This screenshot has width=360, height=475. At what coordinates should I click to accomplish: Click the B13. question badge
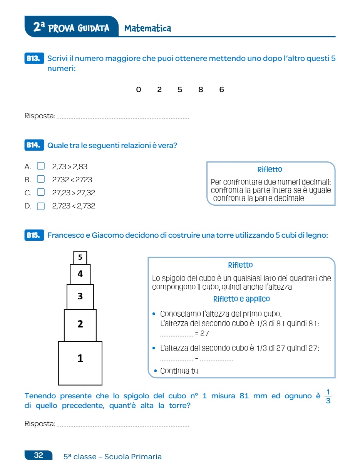[33, 59]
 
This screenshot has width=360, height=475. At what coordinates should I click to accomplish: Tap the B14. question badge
[33, 145]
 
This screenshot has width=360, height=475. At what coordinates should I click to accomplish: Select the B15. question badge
[33, 235]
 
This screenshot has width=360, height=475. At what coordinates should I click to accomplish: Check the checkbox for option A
[41, 166]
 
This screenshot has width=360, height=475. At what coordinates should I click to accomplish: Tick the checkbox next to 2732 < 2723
[41, 179]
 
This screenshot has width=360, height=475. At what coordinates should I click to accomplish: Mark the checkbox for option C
[41, 192]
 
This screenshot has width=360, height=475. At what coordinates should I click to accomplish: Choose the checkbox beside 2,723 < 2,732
[41, 206]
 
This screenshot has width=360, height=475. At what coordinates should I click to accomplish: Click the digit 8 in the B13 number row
[201, 90]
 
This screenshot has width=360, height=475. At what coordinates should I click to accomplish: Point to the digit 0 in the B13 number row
[139, 90]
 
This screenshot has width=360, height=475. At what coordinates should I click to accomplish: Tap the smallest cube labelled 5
[80, 257]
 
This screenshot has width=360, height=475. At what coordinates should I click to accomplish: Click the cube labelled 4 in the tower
[80, 274]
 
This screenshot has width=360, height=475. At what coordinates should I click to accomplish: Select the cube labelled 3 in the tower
[80, 297]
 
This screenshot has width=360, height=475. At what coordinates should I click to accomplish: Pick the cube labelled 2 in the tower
[80, 325]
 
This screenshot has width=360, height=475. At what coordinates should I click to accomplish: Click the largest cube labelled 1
[80, 363]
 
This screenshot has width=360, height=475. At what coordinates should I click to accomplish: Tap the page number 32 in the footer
[39, 455]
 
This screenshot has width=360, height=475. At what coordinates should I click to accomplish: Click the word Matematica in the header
[147, 29]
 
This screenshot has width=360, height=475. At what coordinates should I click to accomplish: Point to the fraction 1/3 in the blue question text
[328, 396]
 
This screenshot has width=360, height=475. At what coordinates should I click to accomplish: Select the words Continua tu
[179, 371]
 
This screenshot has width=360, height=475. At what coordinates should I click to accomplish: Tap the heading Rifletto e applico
[241, 299]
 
